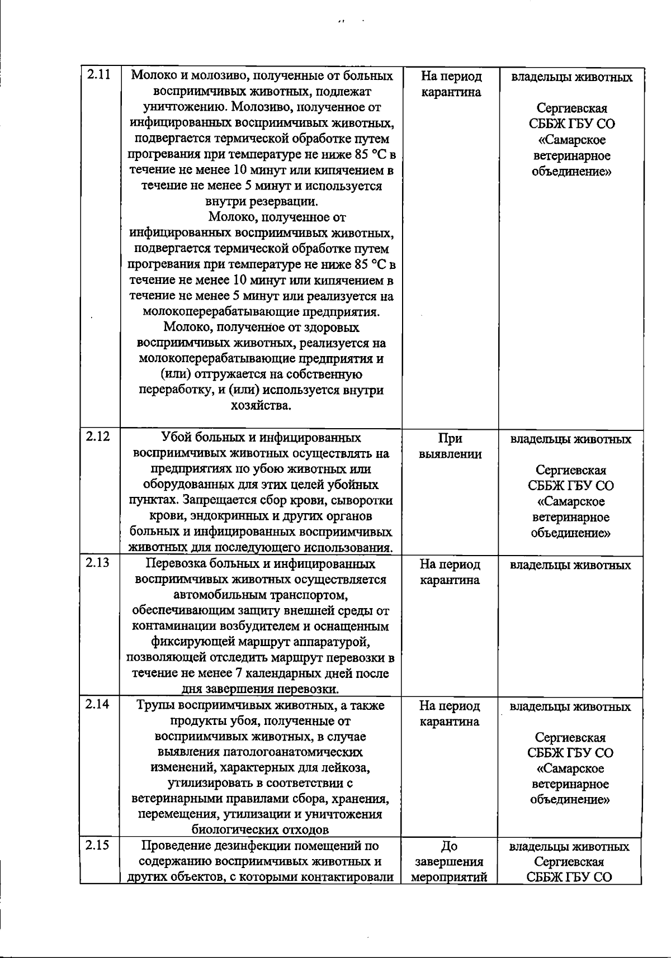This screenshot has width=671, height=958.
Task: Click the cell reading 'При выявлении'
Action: [450, 446]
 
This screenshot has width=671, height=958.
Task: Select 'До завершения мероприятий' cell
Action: [450, 862]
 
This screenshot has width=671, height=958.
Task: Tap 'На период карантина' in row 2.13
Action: [450, 572]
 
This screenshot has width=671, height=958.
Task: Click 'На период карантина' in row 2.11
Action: [451, 84]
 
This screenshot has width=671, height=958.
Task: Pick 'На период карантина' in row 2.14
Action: [450, 714]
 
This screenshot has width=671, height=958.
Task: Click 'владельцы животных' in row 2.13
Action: [570, 565]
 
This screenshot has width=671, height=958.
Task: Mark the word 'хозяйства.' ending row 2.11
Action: [261, 405]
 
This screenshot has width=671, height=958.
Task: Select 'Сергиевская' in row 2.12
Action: [570, 470]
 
